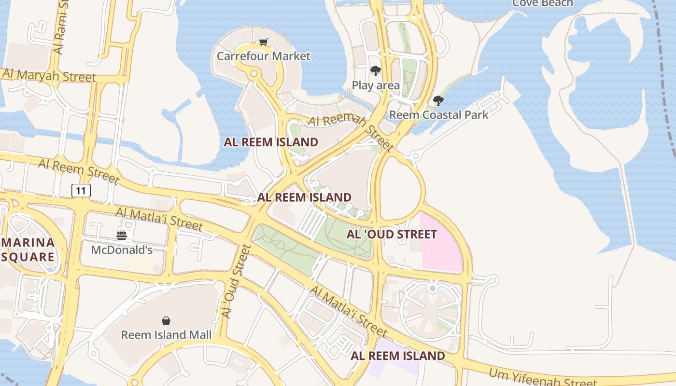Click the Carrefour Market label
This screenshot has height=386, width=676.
[x=263, y=56]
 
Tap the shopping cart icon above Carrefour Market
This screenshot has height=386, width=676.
[x=263, y=42]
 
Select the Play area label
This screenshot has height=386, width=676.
[x=376, y=86]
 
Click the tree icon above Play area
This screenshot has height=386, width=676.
[x=375, y=71]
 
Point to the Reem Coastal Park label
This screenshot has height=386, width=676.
[x=438, y=115]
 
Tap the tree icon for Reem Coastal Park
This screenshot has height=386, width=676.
[x=438, y=101]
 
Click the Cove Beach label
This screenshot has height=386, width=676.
[x=542, y=3]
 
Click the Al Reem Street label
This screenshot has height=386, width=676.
[x=78, y=171]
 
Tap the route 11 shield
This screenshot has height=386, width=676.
[x=81, y=191]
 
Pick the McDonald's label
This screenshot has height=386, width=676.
[x=122, y=250]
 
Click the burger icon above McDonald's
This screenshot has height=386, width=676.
[x=122, y=236]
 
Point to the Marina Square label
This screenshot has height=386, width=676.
[x=28, y=249]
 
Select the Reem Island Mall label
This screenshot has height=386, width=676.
[x=166, y=335]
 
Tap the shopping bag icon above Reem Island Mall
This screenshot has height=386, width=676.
[x=166, y=321]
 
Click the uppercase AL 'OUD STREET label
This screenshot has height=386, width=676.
[x=392, y=234]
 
